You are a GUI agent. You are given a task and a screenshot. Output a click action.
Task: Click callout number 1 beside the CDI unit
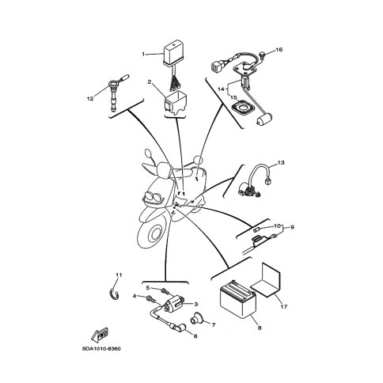(x=143, y=55)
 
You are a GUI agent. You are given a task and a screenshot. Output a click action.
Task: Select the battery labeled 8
(x=238, y=299)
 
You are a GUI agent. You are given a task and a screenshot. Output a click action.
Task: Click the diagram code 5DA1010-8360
(x=101, y=349)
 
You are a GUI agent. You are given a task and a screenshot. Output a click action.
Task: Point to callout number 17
(x=284, y=307)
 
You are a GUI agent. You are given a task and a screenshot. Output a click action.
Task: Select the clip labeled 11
(x=115, y=294)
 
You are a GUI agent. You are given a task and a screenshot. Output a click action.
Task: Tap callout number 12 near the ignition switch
(x=90, y=99)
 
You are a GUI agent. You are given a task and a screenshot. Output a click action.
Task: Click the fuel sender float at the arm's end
(x=264, y=119)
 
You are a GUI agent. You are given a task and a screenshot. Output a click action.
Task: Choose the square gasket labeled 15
(x=242, y=108)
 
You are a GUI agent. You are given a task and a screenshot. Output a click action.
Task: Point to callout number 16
(x=279, y=49)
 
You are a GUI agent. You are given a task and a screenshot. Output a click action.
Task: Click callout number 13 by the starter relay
(x=281, y=162)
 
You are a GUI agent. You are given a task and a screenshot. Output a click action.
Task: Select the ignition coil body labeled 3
(x=173, y=304)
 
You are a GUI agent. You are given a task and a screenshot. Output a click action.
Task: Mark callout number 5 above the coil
(x=148, y=287)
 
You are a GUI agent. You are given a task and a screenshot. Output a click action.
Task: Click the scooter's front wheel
(x=154, y=233)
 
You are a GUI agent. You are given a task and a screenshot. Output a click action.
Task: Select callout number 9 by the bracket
(x=292, y=227)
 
